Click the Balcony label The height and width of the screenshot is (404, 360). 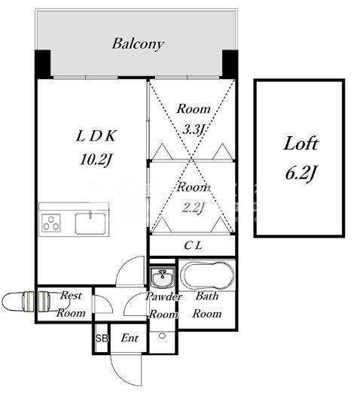pos(138,44)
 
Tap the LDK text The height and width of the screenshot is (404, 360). pos(96,136)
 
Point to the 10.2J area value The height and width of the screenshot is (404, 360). pos(96,159)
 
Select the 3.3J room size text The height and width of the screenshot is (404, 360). pos(194,129)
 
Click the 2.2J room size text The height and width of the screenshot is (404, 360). pos(194,208)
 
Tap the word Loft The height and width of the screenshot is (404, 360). pos(301,144)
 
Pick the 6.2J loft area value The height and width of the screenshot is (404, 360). pos(301,173)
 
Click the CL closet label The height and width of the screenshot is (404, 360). pos(193,245)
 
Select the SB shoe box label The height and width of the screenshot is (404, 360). pos(102,338)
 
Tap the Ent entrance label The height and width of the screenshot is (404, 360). pos(130,338)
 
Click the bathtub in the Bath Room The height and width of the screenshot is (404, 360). pos(207,275)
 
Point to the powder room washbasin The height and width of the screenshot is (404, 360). pos(162,278)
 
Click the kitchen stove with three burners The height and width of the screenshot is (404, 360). pos(50,223)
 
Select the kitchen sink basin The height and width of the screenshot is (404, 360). pos(90,223)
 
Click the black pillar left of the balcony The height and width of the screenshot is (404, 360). pos(42,64)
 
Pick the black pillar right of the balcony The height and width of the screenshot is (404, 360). pos(230,63)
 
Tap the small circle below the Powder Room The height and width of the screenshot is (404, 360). pos(162,336)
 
